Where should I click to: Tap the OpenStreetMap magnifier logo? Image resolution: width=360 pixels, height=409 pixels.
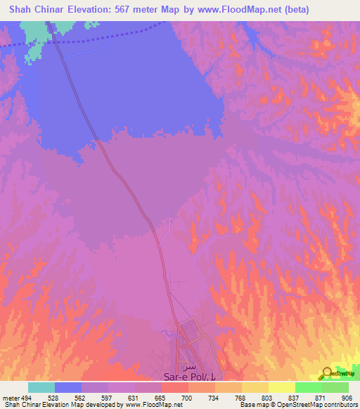pyautogui.click(x=328, y=373)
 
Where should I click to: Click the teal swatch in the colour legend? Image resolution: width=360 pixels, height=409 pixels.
pyautogui.click(x=41, y=388)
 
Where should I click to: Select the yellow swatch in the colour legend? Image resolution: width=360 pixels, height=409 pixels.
pyautogui.click(x=282, y=388)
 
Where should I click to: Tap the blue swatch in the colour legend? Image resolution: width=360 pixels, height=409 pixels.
pyautogui.click(x=68, y=388)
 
